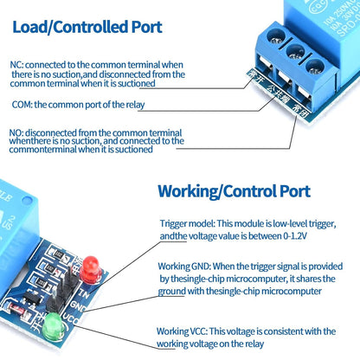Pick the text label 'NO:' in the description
(x=16, y=132)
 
